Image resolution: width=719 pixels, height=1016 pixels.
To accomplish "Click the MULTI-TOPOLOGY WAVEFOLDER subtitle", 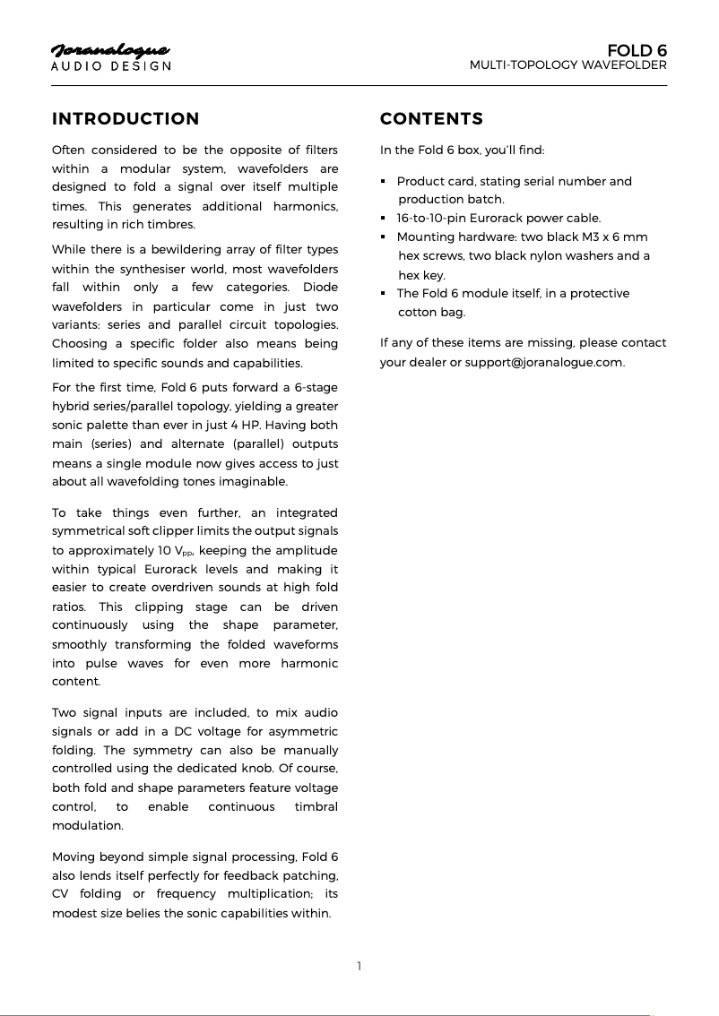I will (568, 65).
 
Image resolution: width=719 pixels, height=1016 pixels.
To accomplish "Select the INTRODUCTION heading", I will (126, 119).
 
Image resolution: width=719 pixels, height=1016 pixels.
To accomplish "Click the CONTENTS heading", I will (431, 119).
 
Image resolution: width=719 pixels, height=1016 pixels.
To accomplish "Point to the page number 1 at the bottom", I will (359, 966).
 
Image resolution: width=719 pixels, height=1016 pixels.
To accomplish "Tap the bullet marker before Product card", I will (384, 182).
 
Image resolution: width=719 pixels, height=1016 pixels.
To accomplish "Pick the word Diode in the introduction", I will (321, 287).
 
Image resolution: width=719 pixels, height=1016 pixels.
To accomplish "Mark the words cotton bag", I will (432, 313).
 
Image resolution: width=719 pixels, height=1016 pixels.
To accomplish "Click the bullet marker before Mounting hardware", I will (384, 237).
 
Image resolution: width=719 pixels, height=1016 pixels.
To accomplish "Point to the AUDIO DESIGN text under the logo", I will (110, 66).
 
